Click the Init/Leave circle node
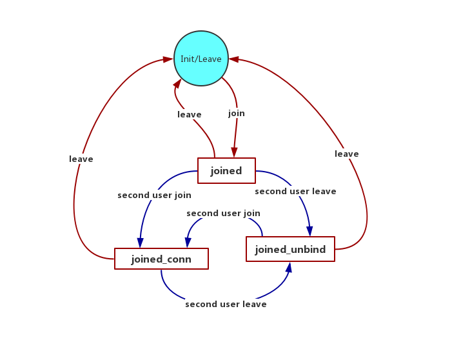click(x=201, y=59)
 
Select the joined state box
click(x=226, y=171)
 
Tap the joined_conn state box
click(x=161, y=259)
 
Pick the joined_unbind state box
click(x=290, y=249)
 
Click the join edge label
click(x=237, y=114)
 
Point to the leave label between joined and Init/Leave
click(x=190, y=115)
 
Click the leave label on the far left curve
click(x=81, y=159)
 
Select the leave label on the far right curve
click(x=347, y=154)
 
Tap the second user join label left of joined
click(x=154, y=195)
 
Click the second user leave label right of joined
click(x=295, y=192)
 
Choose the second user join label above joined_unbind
click(x=223, y=214)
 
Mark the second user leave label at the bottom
click(x=226, y=305)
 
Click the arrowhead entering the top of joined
click(x=233, y=153)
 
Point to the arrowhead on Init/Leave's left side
click(x=168, y=59)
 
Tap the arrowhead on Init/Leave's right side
click(x=234, y=59)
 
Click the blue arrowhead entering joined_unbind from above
click(x=309, y=231)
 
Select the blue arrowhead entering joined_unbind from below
click(x=289, y=267)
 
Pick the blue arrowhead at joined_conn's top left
click(x=140, y=243)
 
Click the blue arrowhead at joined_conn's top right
click(x=188, y=243)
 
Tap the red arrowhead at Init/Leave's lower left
click(x=177, y=83)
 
